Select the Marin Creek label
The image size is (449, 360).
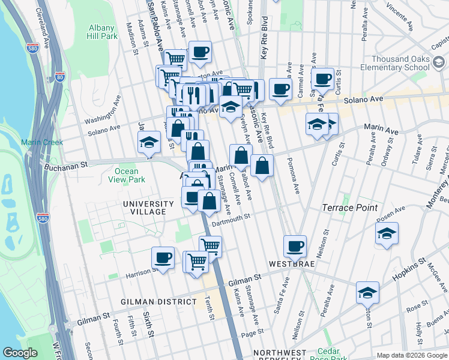click(x=38, y=142)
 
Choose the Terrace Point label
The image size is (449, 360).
click(x=350, y=208)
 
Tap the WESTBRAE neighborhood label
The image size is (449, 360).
click(x=292, y=264)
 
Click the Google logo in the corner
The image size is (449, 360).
click(x=20, y=353)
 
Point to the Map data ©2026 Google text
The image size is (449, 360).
click(x=411, y=355)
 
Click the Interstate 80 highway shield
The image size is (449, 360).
click(x=58, y=77)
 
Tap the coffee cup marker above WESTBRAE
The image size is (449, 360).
click(x=295, y=246)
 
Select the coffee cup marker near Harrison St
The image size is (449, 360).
click(x=163, y=258)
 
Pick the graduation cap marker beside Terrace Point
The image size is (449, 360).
click(x=387, y=233)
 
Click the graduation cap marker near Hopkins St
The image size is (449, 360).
click(x=367, y=293)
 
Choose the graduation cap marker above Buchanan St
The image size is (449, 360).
click(x=149, y=143)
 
